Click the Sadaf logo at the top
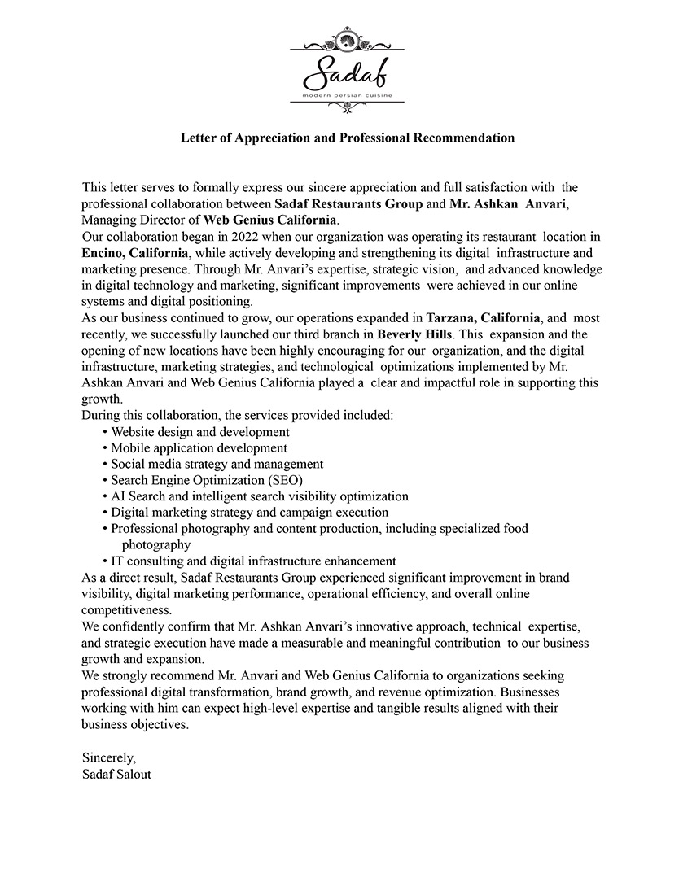point(346,69)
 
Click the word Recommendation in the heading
point(464,138)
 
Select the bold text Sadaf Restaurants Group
point(348,204)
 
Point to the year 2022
point(246,237)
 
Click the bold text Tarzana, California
point(483,318)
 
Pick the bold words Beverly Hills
point(415,334)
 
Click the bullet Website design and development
point(200,432)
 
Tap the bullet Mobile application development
point(199,448)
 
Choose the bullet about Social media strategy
point(217,464)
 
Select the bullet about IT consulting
point(253,561)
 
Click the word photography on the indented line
point(156,545)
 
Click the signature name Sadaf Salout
point(116,774)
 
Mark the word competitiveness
point(126,609)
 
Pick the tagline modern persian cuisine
point(347,96)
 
